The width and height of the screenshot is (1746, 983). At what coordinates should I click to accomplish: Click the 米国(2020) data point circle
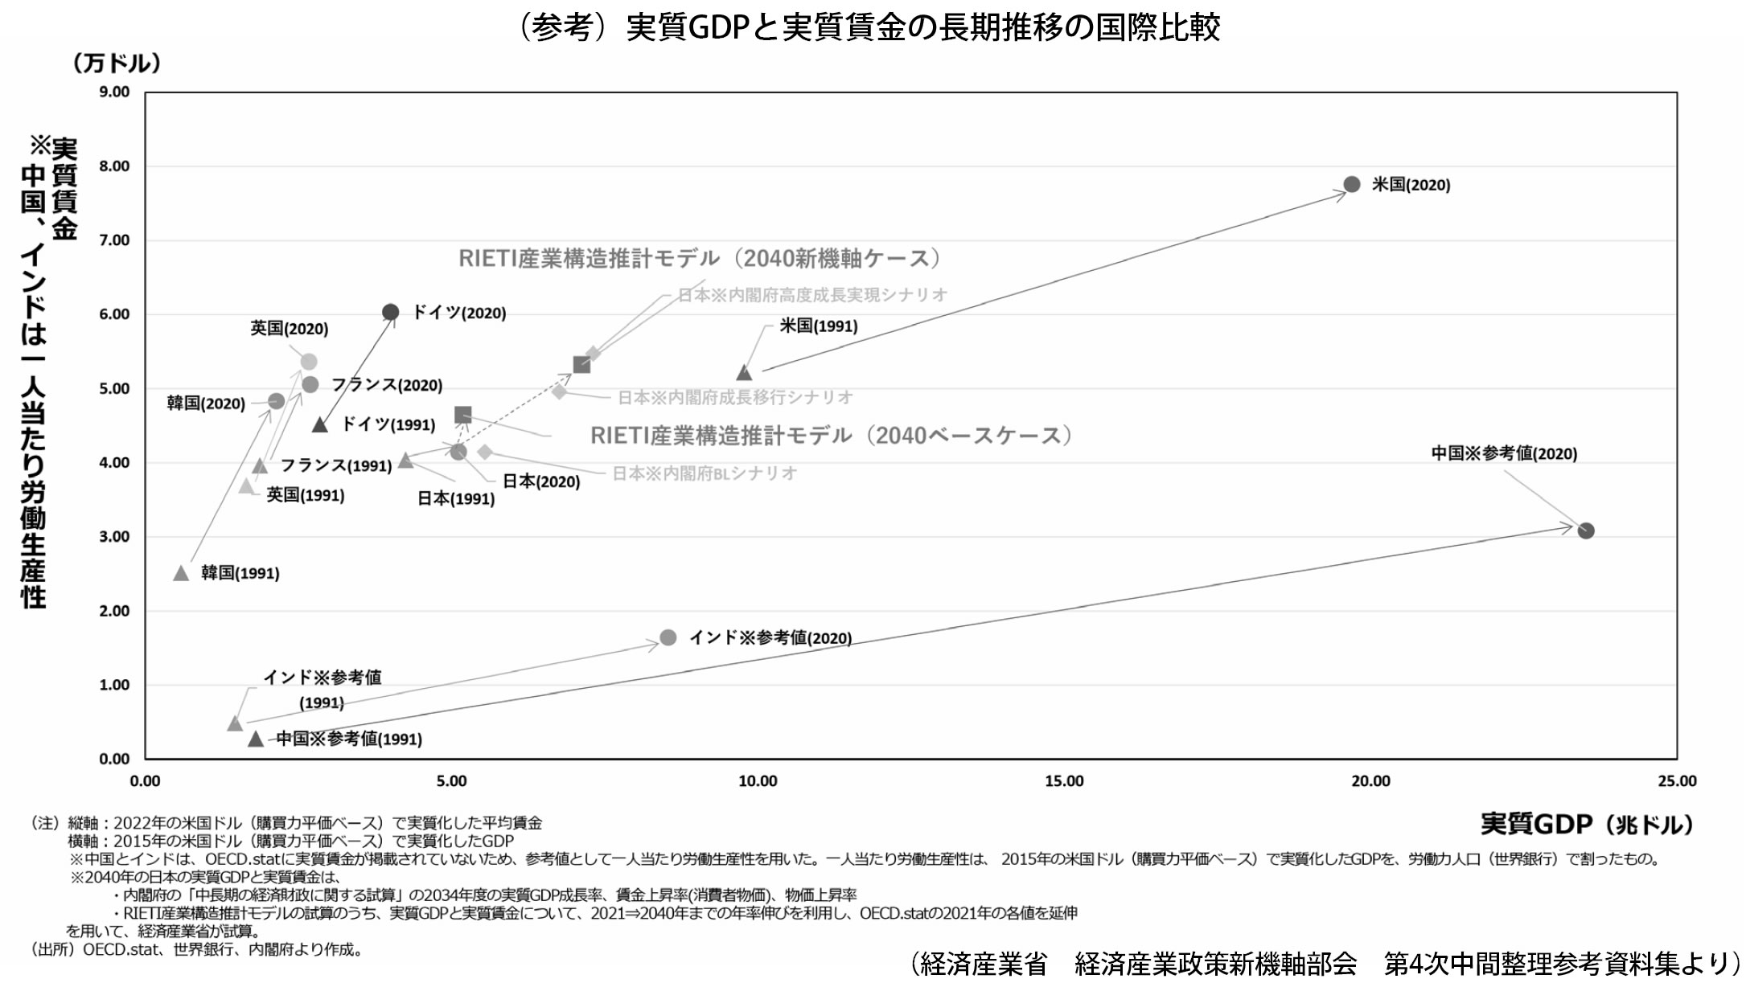[1352, 184]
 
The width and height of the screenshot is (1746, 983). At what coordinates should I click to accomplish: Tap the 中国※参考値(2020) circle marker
[1586, 530]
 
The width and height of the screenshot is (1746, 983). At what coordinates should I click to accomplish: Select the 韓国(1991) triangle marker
[181, 573]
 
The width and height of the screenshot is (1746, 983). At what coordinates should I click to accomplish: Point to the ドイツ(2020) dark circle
[390, 312]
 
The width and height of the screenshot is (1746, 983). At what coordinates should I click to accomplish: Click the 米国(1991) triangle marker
[744, 373]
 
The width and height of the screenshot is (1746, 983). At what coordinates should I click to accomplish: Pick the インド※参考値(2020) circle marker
[668, 637]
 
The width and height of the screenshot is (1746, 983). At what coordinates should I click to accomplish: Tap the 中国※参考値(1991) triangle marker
[256, 739]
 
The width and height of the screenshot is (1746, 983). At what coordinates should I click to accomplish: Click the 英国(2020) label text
[289, 329]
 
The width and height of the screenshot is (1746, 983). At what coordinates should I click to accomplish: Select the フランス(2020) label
[387, 385]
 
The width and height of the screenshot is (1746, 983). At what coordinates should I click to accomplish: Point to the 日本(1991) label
[455, 498]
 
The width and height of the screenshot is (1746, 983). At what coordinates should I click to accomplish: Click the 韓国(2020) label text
[206, 403]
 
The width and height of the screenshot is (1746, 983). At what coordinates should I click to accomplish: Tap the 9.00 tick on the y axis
[114, 92]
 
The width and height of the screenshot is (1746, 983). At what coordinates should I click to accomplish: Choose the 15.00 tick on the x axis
[1064, 781]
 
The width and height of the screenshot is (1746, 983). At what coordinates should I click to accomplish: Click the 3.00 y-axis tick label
[114, 537]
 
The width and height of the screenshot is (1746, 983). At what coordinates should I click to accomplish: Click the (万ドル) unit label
[117, 63]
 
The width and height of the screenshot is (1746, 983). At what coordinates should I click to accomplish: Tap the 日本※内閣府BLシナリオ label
[705, 473]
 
